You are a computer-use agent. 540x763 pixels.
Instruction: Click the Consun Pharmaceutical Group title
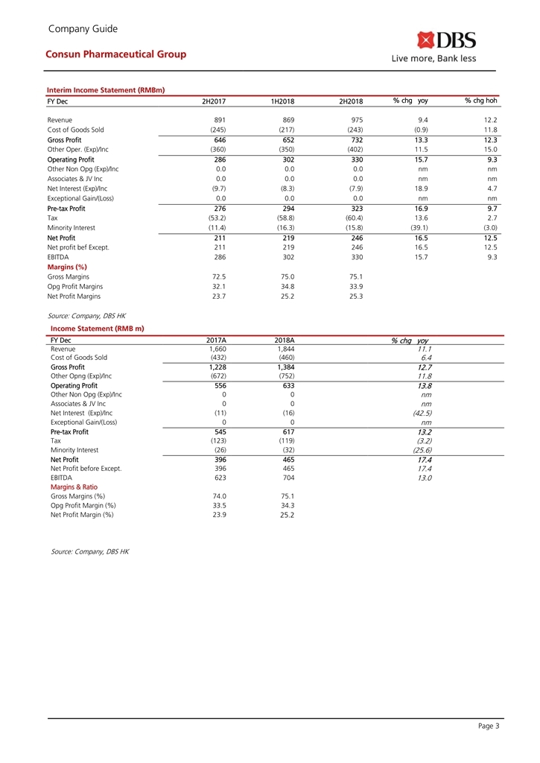click(x=115, y=54)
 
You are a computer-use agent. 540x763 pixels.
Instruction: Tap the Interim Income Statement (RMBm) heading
click(x=105, y=90)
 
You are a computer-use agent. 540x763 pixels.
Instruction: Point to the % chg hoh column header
click(x=480, y=101)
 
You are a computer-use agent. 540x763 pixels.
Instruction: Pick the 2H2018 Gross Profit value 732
click(x=355, y=139)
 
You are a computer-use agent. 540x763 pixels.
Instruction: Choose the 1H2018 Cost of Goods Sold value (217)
click(x=284, y=130)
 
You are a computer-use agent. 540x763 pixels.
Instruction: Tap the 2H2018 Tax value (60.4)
click(x=350, y=218)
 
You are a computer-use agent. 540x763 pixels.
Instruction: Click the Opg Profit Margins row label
click(x=75, y=286)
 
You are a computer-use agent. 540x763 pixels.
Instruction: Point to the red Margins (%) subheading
click(x=67, y=266)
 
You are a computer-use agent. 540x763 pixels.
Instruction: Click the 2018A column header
click(x=285, y=341)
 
